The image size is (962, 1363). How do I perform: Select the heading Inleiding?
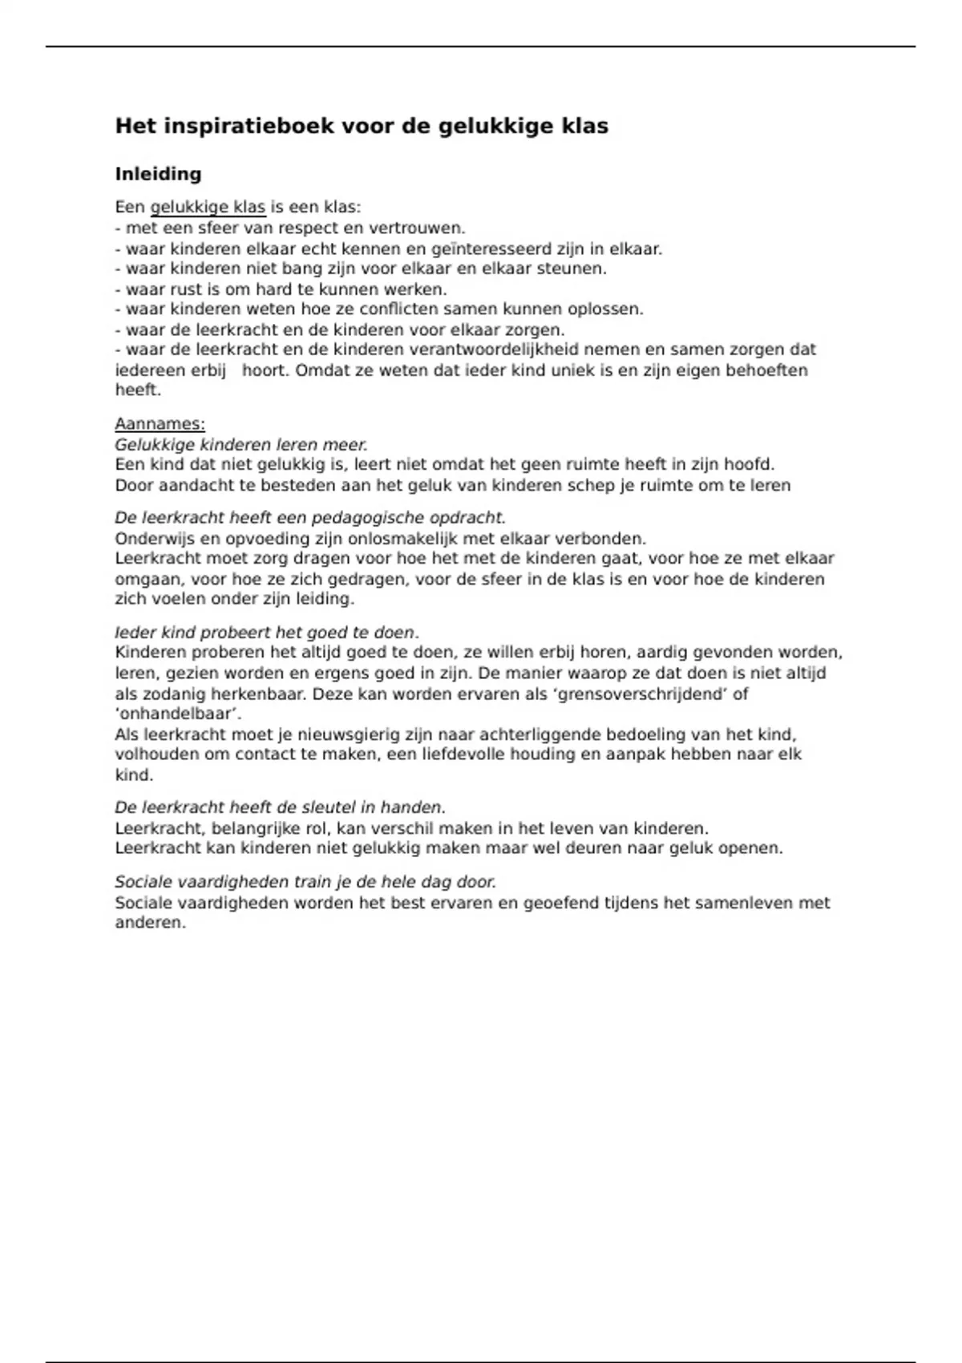(x=158, y=174)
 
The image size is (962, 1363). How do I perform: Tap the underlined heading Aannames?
(x=160, y=424)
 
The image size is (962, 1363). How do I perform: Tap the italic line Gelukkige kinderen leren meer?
(x=240, y=444)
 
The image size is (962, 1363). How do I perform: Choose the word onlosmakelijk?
(x=396, y=538)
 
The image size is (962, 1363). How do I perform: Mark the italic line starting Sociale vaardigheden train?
(x=305, y=882)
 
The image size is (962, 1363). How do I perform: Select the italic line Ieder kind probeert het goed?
(x=266, y=633)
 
